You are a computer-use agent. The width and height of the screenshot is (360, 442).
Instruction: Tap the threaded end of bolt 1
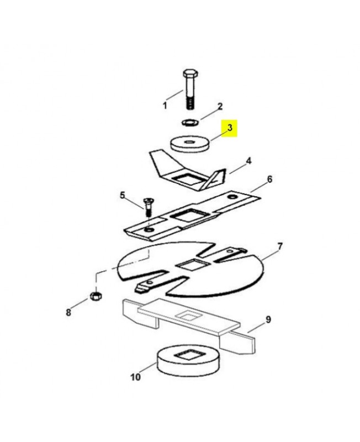pos(190,103)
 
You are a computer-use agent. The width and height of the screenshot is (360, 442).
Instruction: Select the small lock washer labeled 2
pos(190,123)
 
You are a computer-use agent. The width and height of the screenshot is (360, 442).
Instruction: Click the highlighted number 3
pos(230,128)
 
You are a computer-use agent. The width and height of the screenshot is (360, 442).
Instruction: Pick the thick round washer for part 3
pos(190,144)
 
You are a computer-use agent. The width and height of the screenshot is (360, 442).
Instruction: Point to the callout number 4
pos(248,161)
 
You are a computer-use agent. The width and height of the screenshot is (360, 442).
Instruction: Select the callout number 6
pos(269,179)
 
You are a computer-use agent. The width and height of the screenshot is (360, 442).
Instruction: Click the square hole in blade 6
pos(189,215)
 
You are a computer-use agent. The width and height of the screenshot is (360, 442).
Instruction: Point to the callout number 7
pos(279,246)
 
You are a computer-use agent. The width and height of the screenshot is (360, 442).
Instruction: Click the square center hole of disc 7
pos(192,265)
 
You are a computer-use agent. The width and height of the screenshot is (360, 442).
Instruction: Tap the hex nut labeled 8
pos(96,296)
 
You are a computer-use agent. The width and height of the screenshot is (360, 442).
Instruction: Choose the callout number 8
pos(68,313)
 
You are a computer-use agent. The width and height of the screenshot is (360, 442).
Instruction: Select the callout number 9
pos(268,320)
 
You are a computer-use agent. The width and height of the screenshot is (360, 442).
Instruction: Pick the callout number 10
pos(135,377)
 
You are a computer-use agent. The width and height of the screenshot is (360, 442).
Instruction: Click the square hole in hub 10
pos(189,355)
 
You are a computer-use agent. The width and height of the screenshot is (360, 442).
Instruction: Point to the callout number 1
pos(165,106)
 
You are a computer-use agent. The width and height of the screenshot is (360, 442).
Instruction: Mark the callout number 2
pos(220,106)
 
